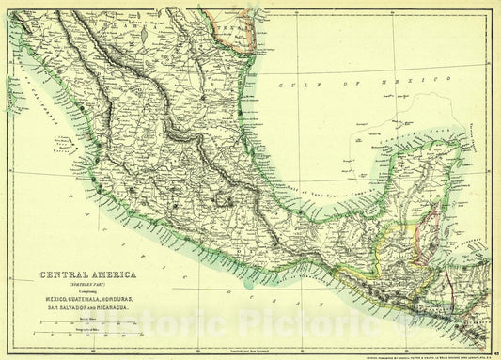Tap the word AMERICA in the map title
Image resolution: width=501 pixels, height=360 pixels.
pos(110,275)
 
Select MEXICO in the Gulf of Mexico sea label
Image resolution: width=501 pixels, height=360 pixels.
pos(410,84)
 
